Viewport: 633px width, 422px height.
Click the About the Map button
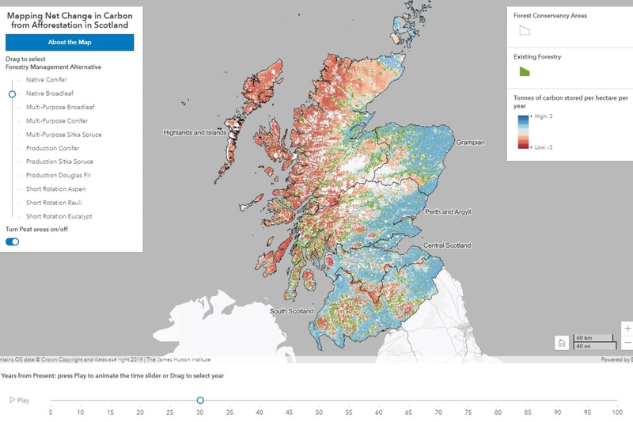70,42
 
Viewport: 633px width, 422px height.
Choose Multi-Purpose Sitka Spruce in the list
63,135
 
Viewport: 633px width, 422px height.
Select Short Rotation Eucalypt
59,216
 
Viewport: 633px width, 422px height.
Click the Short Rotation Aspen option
55,189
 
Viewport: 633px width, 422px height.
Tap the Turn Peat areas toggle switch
13,241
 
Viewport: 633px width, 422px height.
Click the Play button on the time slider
19,401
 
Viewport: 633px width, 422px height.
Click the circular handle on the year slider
200,401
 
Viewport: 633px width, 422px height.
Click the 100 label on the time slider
616,412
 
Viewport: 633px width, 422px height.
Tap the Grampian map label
469,143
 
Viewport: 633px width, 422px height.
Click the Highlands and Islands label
195,133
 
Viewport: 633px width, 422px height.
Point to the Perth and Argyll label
448,212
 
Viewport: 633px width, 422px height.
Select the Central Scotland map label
447,246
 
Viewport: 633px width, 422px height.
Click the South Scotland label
292,311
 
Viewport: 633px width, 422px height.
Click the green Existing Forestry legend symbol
524,71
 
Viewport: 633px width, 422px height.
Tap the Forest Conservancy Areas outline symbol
524,30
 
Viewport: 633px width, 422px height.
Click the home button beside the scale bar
561,343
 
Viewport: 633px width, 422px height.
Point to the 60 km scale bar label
586,338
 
